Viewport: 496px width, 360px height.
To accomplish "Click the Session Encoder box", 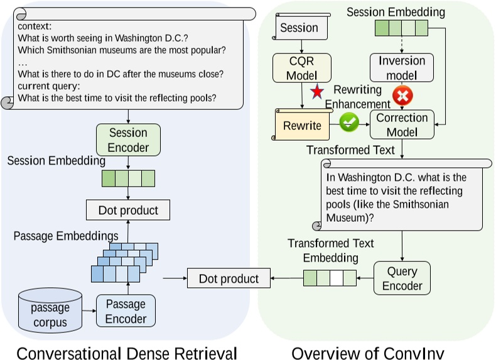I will click(128, 139).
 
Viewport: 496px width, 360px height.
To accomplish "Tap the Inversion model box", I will click(402, 68).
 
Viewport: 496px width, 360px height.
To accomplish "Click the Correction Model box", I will click(402, 124).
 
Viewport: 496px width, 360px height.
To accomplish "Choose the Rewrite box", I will click(302, 125).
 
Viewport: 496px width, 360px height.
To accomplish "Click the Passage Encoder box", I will click(126, 311).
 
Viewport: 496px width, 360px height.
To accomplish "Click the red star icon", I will click(318, 92).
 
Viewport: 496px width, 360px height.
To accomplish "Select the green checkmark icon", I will click(348, 122).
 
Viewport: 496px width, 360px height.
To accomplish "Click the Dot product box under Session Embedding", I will click(128, 210).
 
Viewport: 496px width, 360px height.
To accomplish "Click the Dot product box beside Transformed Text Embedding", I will click(229, 278).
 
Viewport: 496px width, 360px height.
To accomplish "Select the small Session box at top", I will click(299, 28).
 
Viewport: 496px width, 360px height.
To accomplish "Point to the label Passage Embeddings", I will click(66, 236).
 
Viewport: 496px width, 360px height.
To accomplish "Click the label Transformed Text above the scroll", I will click(350, 150).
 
